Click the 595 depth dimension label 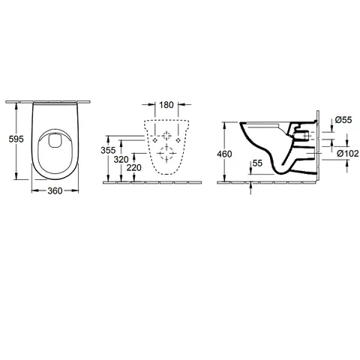point(16,139)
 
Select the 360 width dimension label point(55,191)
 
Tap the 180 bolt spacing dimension point(166,105)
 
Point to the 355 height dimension point(108,150)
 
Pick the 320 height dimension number point(121,159)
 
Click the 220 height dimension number point(133,168)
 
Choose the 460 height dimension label point(224,154)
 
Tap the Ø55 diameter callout point(343,120)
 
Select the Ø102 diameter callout point(348,153)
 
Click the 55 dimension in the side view point(257,163)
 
